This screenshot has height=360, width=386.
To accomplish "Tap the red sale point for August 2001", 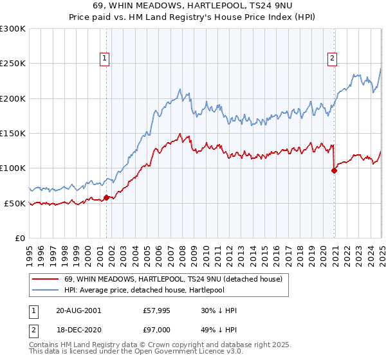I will pyautogui.click(x=107, y=197).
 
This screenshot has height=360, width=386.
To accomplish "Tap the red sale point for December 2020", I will pyautogui.click(x=334, y=170).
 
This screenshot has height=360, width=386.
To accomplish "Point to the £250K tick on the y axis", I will pyautogui.click(x=12, y=64).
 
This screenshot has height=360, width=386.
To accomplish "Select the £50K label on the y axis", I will pyautogui.click(x=15, y=203).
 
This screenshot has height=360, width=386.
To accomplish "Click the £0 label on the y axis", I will pyautogui.click(x=20, y=238).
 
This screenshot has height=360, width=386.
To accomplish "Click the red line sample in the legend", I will pyautogui.click(x=46, y=280).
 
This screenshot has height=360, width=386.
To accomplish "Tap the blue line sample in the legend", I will pyautogui.click(x=46, y=291).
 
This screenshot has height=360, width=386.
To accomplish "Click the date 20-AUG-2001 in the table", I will pyautogui.click(x=78, y=310).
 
